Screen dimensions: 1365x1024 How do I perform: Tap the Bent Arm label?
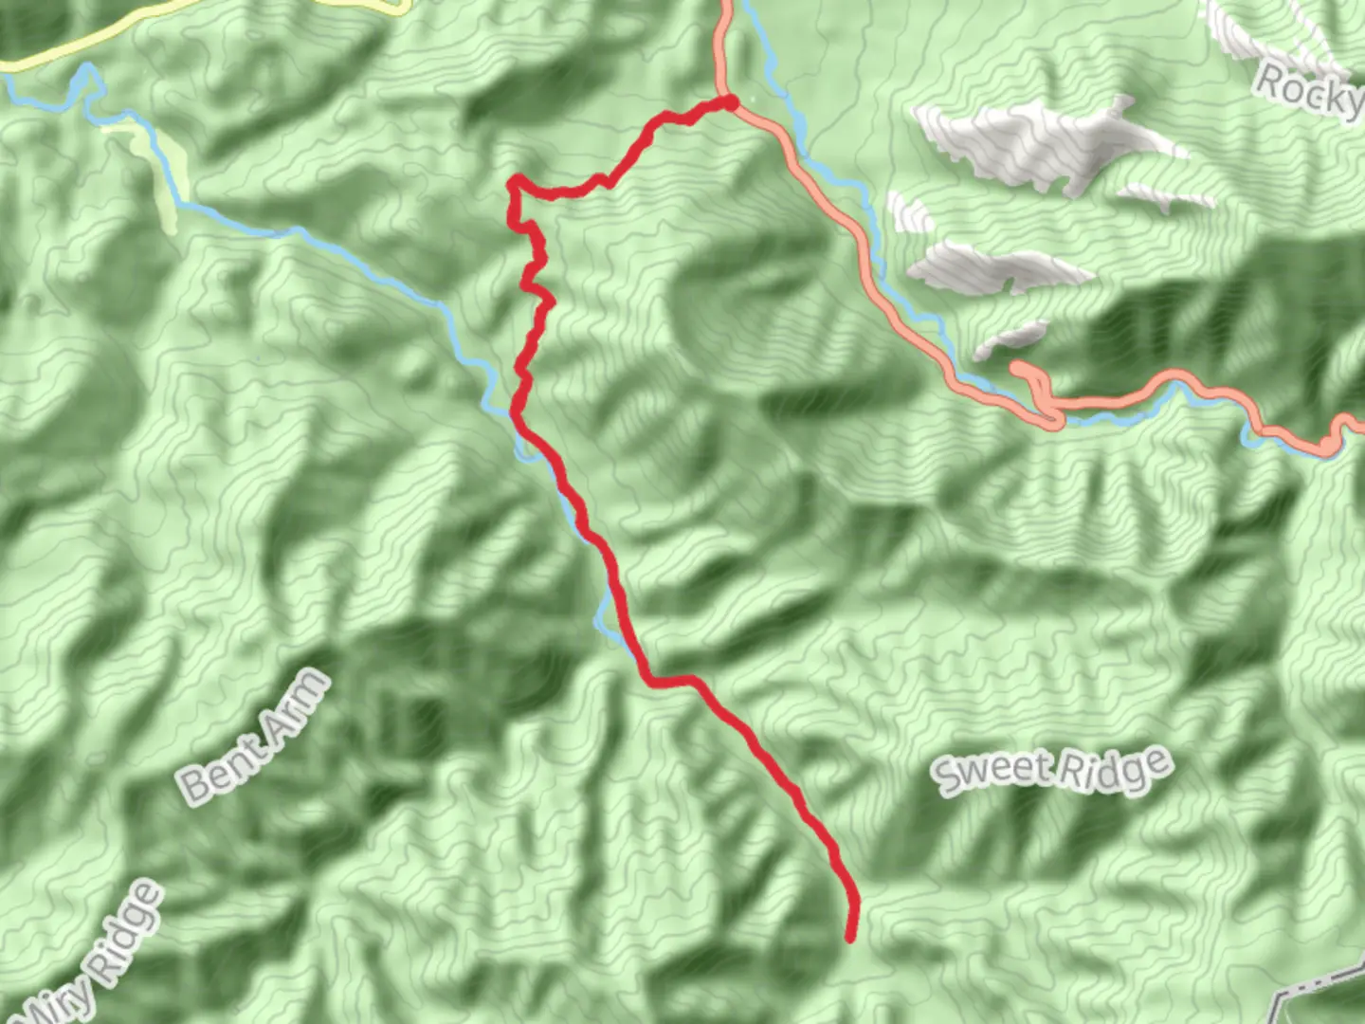[x=255, y=737]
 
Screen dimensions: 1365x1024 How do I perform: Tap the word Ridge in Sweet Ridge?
[x=1115, y=766]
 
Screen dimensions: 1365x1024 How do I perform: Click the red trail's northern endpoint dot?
[x=731, y=101]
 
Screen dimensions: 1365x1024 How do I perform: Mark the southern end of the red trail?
[x=850, y=938]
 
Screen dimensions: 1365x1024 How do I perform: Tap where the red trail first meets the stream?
[x=517, y=417]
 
